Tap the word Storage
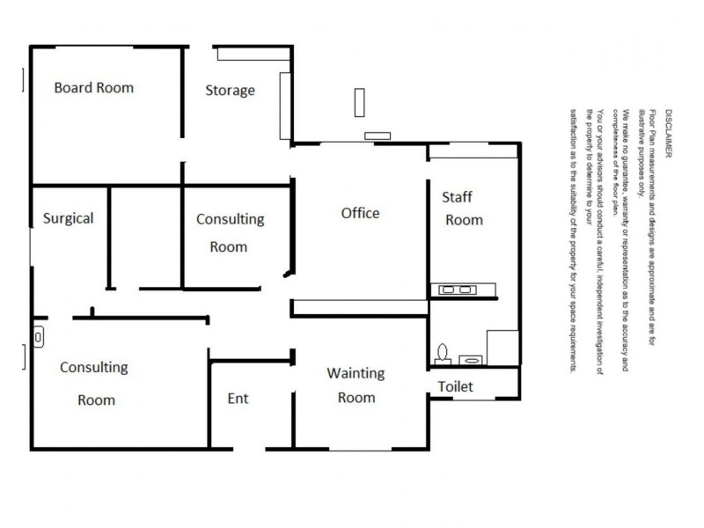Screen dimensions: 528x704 (x=231, y=90)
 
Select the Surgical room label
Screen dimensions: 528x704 (x=68, y=218)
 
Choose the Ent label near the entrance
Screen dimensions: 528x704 (x=238, y=398)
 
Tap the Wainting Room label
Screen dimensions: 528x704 (x=356, y=385)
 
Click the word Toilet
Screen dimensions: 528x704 (x=456, y=386)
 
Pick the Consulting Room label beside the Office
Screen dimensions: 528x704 (x=230, y=231)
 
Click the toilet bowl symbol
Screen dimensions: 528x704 (x=442, y=353)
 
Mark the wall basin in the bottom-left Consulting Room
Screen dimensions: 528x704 (x=40, y=335)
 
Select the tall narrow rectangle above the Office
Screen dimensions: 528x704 (x=358, y=102)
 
